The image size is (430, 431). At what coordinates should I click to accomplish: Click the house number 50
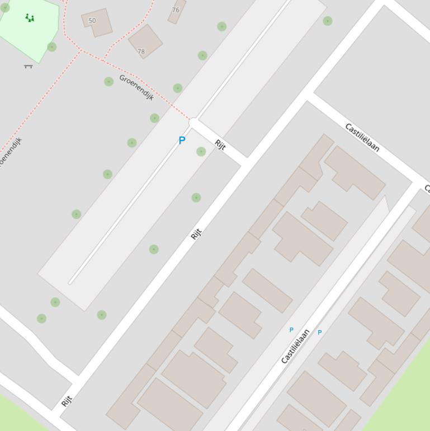[92, 21]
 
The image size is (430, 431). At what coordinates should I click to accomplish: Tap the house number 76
[176, 10]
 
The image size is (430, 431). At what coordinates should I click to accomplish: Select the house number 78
[141, 51]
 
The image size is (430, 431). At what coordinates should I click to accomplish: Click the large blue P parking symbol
[182, 140]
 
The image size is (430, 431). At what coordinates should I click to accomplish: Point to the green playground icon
[30, 18]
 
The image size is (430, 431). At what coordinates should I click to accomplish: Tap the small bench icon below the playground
[28, 67]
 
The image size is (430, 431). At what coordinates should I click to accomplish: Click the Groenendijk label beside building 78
[136, 87]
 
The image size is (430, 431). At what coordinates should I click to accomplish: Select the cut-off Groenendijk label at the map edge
[10, 152]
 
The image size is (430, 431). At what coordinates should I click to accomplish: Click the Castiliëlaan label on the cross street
[362, 137]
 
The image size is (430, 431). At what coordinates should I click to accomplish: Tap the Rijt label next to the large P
[220, 145]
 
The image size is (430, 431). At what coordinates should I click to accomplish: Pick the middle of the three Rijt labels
[196, 234]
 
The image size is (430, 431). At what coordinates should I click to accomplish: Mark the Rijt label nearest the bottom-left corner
[67, 401]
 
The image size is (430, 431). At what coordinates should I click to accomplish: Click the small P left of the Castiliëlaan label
[291, 330]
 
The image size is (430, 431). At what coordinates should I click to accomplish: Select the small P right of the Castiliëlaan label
[319, 332]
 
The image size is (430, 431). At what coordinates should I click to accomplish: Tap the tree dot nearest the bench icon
[51, 47]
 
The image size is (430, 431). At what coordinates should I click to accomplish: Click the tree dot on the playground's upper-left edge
[5, 8]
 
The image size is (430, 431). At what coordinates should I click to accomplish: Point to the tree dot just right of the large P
[201, 151]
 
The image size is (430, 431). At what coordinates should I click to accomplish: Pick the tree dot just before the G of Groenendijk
[108, 82]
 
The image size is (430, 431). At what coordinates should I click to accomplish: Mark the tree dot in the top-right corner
[328, 21]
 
